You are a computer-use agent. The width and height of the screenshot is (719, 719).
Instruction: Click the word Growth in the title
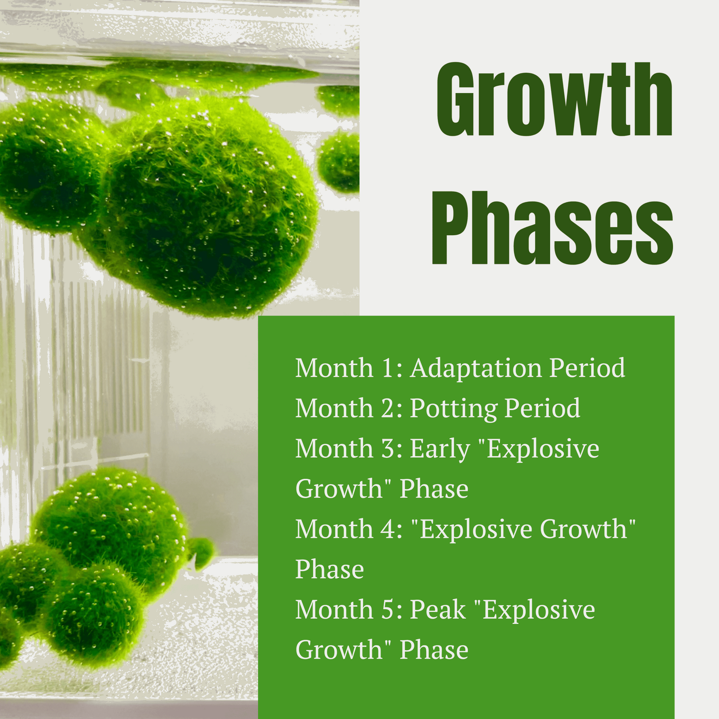[555, 99]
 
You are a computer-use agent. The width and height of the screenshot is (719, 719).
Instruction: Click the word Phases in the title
[552, 228]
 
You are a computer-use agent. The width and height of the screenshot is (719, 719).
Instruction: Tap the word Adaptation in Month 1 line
[475, 369]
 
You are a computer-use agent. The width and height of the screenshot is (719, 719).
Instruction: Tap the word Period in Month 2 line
[543, 409]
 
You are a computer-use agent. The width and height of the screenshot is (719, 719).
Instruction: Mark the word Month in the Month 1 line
[334, 368]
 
